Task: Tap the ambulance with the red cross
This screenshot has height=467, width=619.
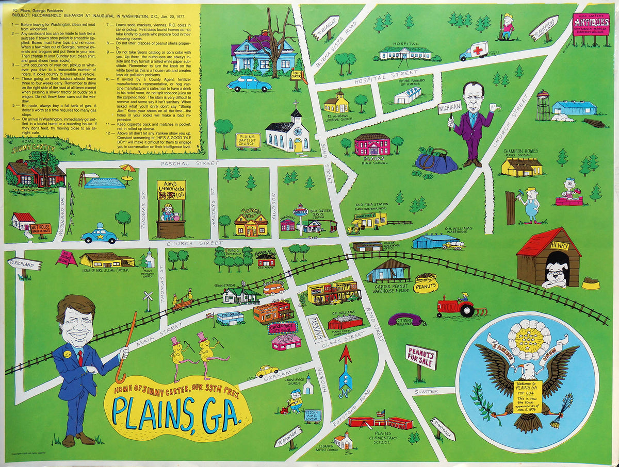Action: [x=474, y=51]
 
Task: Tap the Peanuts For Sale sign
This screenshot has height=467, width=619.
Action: [x=421, y=357]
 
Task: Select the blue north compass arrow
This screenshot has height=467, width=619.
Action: [x=345, y=370]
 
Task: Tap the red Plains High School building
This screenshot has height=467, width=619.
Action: [x=372, y=144]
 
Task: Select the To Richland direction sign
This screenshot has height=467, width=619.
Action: [x=24, y=264]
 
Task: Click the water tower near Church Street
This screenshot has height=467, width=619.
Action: [x=543, y=105]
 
